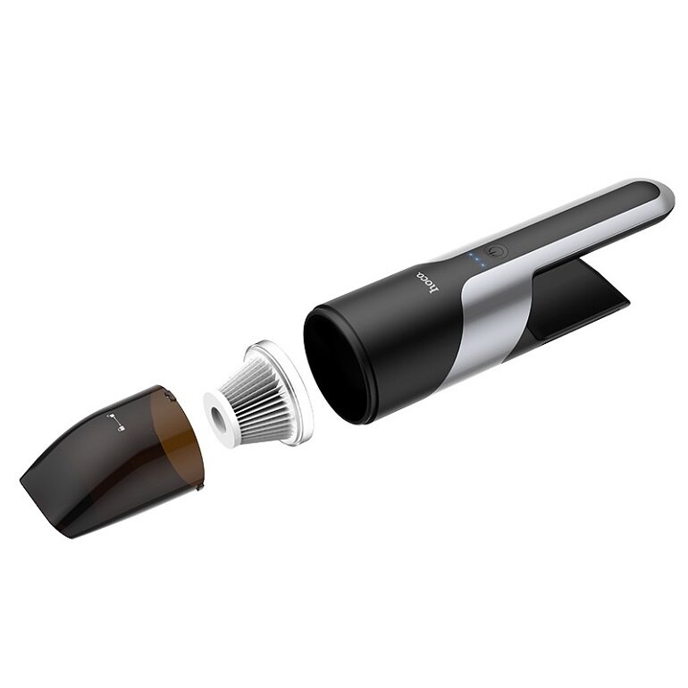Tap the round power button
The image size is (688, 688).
[497, 253]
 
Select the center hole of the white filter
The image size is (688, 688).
[218, 415]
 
